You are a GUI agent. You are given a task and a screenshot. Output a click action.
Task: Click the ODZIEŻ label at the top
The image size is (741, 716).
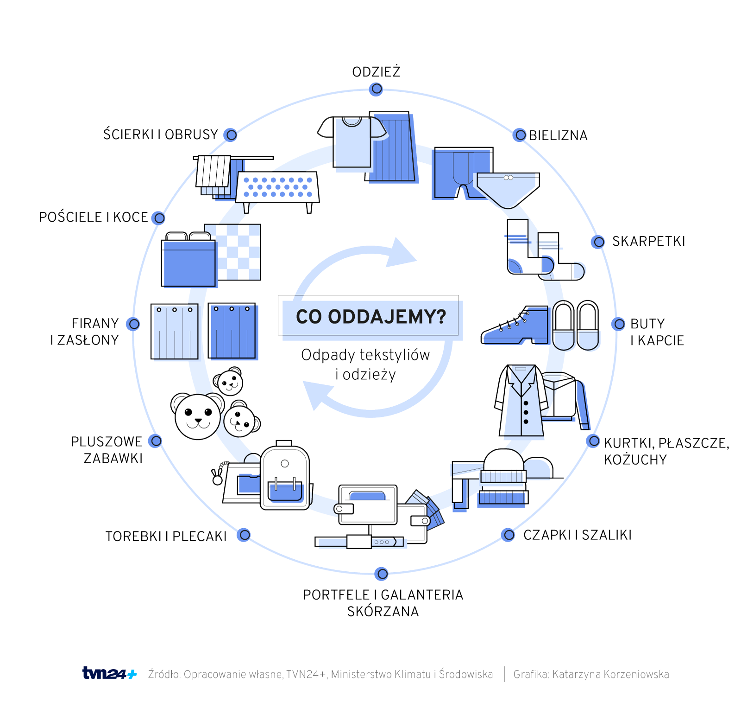pyautogui.click(x=376, y=72)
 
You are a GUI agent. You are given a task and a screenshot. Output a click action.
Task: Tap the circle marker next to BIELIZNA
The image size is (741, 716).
pyautogui.click(x=520, y=135)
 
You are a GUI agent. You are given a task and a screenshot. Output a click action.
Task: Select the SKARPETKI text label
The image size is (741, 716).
pyautogui.click(x=648, y=241)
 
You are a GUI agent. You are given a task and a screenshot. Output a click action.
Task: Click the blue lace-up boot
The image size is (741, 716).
pyautogui.click(x=516, y=327)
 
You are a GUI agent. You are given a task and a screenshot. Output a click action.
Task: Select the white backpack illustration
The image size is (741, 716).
pyautogui.click(x=285, y=478)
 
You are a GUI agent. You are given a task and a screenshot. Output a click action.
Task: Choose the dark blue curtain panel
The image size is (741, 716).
pyautogui.click(x=232, y=331)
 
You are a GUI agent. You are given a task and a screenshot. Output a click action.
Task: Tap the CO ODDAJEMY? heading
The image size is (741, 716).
pyautogui.click(x=370, y=317)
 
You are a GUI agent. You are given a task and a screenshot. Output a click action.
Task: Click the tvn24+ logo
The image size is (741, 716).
pyautogui.click(x=109, y=673)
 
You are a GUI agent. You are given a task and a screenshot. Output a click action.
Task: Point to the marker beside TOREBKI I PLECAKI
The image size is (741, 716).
pyautogui.click(x=244, y=535)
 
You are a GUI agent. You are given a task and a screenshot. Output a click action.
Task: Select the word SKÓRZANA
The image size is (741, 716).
pyautogui.click(x=383, y=612)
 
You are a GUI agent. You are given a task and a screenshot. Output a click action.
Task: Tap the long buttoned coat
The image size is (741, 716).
pyautogui.click(x=521, y=402)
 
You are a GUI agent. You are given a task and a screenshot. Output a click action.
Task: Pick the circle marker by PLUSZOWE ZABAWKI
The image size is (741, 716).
pyautogui.click(x=156, y=441)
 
